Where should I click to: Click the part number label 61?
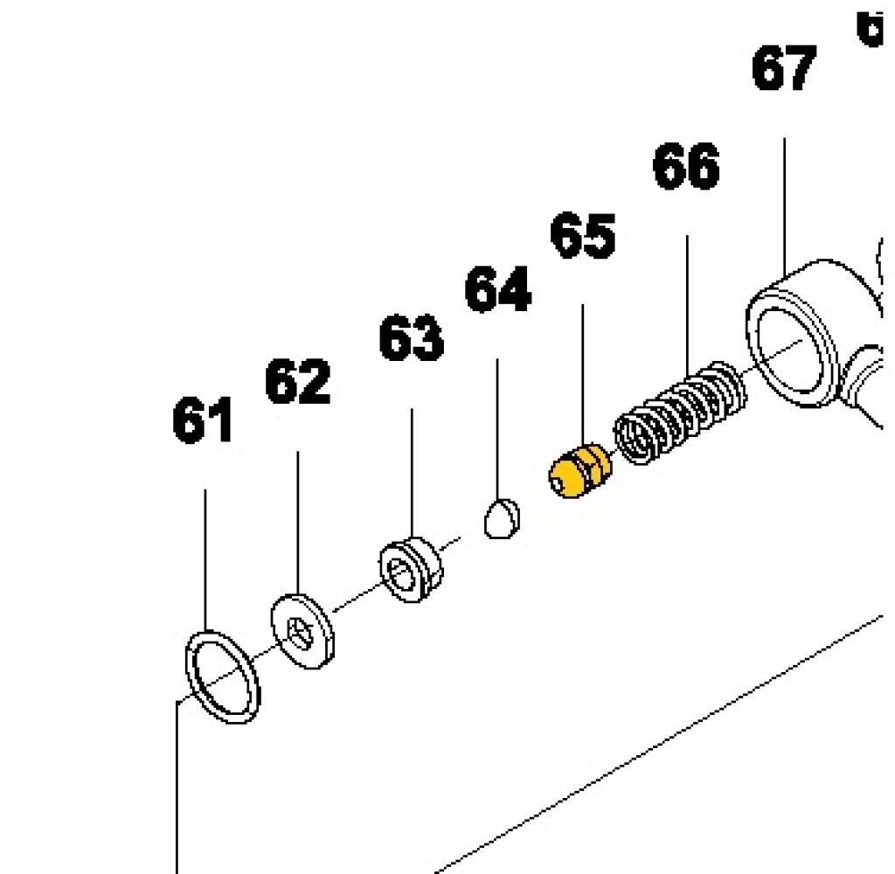tap(203, 421)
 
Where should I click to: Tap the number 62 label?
tap(298, 382)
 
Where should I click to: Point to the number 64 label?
tap(497, 290)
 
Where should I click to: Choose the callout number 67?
tap(784, 70)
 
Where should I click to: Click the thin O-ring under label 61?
tap(224, 677)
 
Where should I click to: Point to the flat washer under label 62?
tap(302, 630)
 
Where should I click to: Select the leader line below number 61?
tap(205, 559)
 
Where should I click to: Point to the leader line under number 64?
tap(497, 428)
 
